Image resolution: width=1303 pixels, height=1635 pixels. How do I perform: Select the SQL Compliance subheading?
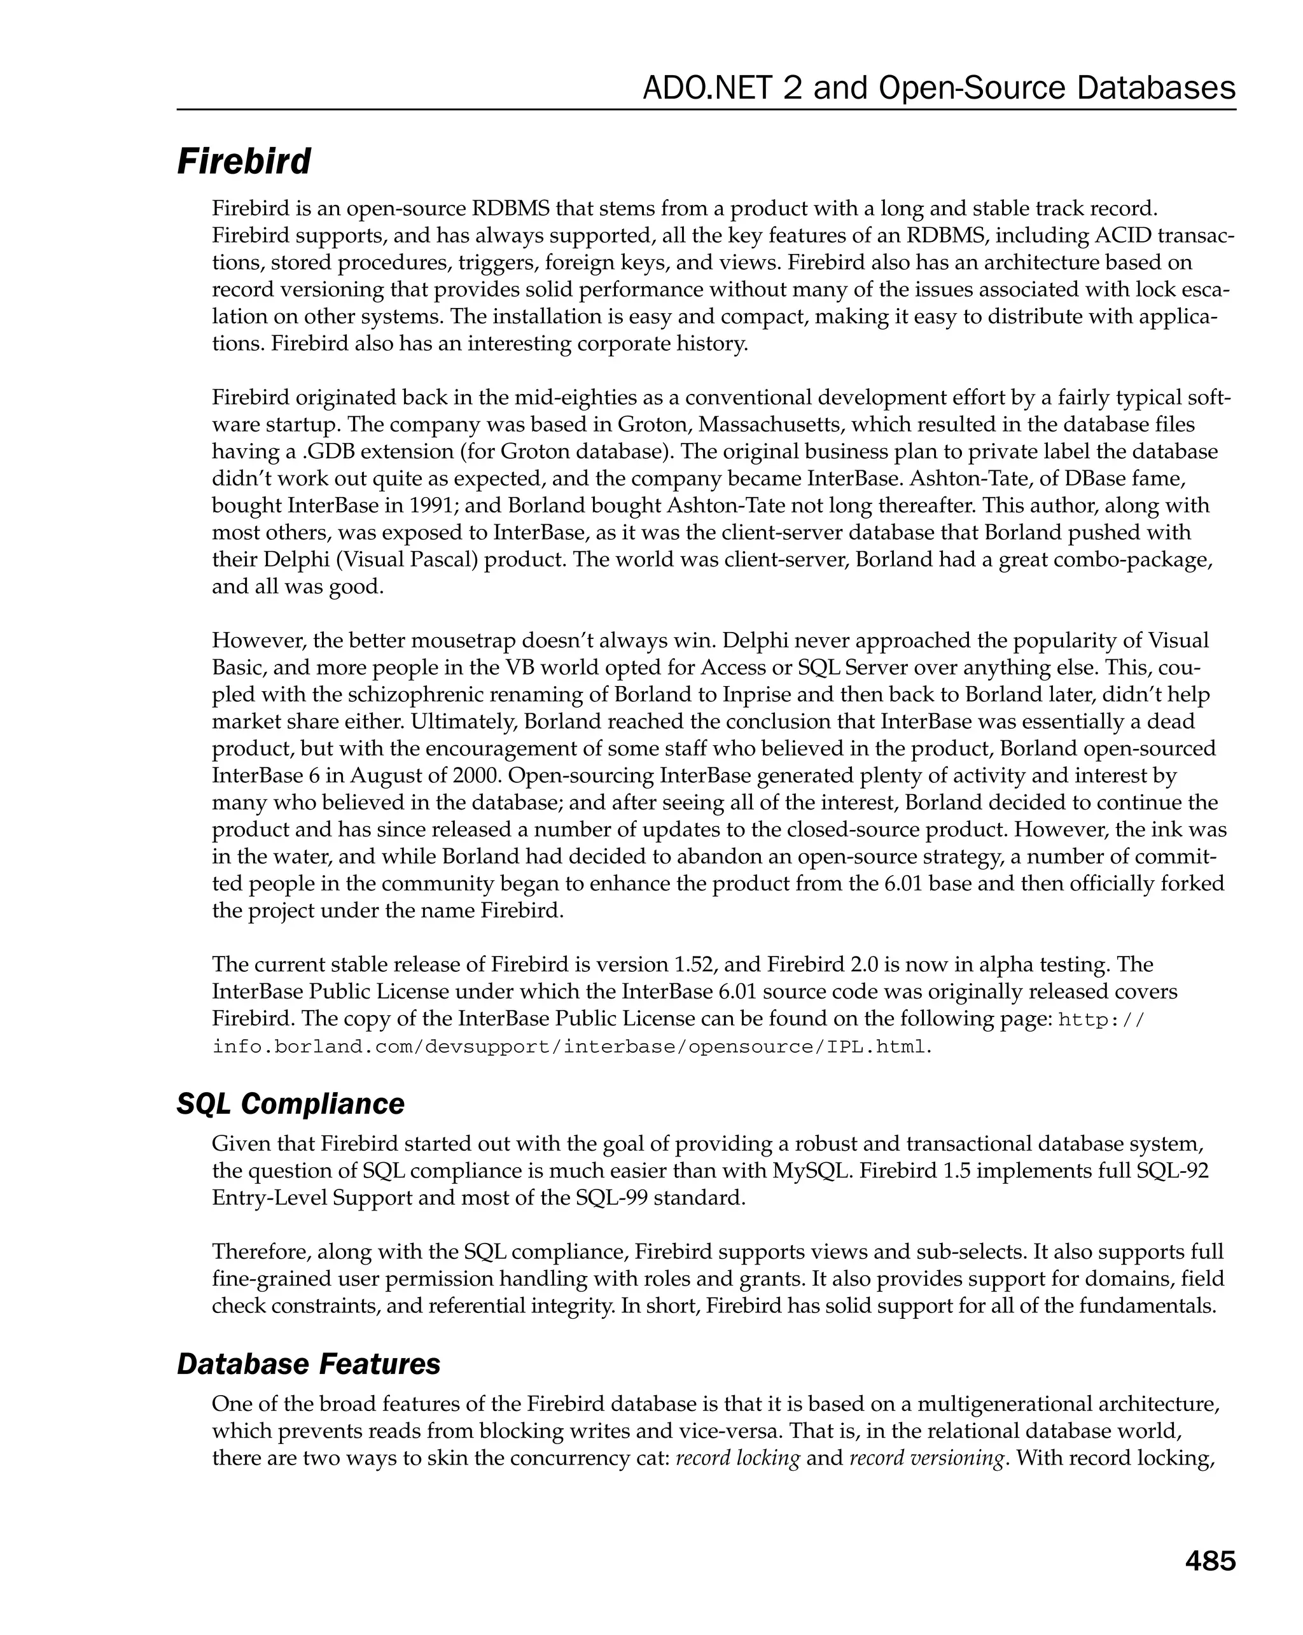tap(290, 1104)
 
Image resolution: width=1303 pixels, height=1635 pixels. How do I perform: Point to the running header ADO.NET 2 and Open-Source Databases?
tap(938, 88)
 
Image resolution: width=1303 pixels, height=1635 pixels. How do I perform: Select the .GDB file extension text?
tap(331, 452)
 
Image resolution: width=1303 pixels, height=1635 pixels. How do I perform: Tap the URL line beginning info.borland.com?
tap(570, 1048)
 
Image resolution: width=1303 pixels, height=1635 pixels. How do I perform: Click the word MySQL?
tap(808, 1170)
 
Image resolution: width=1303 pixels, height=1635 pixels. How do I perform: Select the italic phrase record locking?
tap(737, 1457)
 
